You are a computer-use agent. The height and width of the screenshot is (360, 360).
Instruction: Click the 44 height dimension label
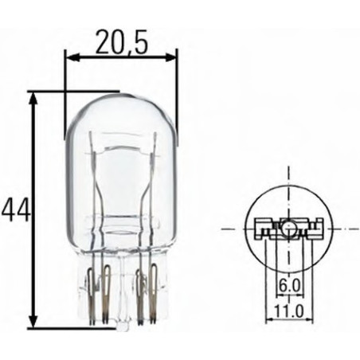15,209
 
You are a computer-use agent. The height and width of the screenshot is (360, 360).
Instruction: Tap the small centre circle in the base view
286,230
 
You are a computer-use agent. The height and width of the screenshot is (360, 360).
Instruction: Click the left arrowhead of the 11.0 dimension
267,319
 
